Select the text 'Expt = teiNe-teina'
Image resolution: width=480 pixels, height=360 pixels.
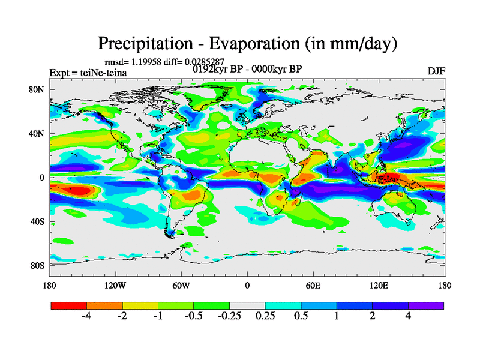pos(88,73)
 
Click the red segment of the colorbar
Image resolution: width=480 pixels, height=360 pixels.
pos(69,305)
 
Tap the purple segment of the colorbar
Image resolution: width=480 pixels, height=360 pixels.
pos(426,305)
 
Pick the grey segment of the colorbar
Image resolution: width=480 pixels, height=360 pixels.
pos(247,305)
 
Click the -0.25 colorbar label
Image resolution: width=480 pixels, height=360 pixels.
pos(230,316)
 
